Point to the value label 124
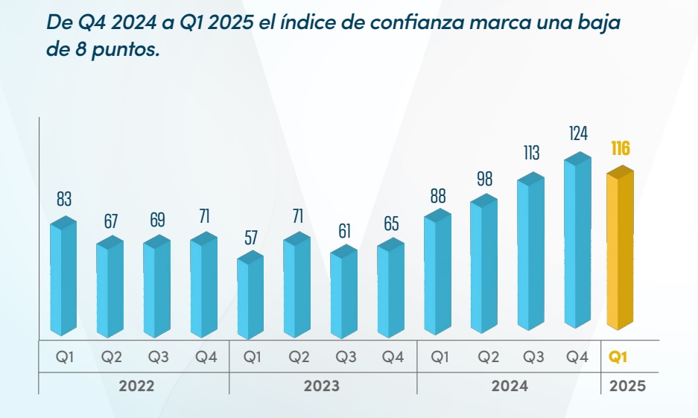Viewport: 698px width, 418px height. (578, 134)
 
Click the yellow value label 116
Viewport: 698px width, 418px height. (620, 148)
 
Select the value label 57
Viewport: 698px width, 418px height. (250, 238)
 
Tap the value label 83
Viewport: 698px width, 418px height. (63, 199)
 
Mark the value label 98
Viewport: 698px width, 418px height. (484, 179)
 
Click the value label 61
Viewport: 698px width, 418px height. (344, 231)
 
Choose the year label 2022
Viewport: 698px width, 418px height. (136, 386)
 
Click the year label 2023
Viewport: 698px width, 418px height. (321, 386)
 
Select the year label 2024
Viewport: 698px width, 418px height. (510, 386)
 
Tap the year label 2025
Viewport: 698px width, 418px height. (627, 386)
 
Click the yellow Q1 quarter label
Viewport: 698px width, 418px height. (618, 357)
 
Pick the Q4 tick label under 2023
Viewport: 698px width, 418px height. (393, 357)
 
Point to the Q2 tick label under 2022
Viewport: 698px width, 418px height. (112, 357)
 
